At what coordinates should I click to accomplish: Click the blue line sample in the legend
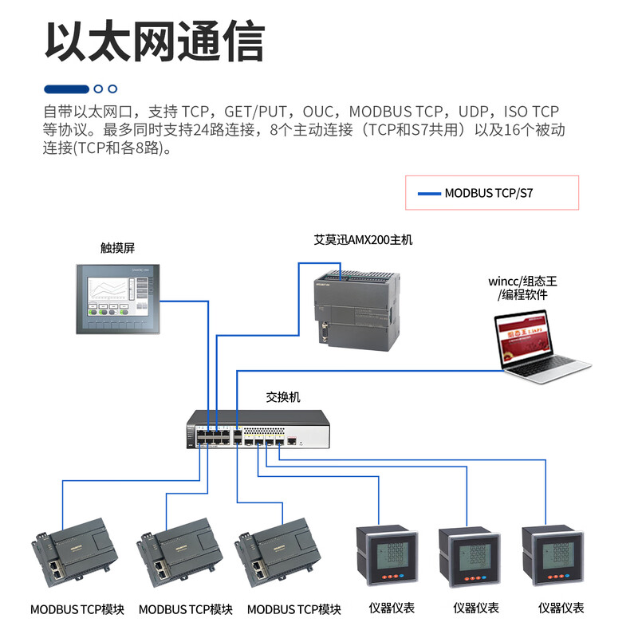pos(429,193)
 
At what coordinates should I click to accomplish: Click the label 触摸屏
pos(117,248)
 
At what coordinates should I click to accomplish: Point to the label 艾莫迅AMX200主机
pos(363,239)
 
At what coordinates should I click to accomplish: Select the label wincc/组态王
pos(522,281)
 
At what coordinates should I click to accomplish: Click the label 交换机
pos(283,396)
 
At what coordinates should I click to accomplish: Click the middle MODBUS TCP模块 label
pos(186,609)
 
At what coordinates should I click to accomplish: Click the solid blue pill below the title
pos(66,89)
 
